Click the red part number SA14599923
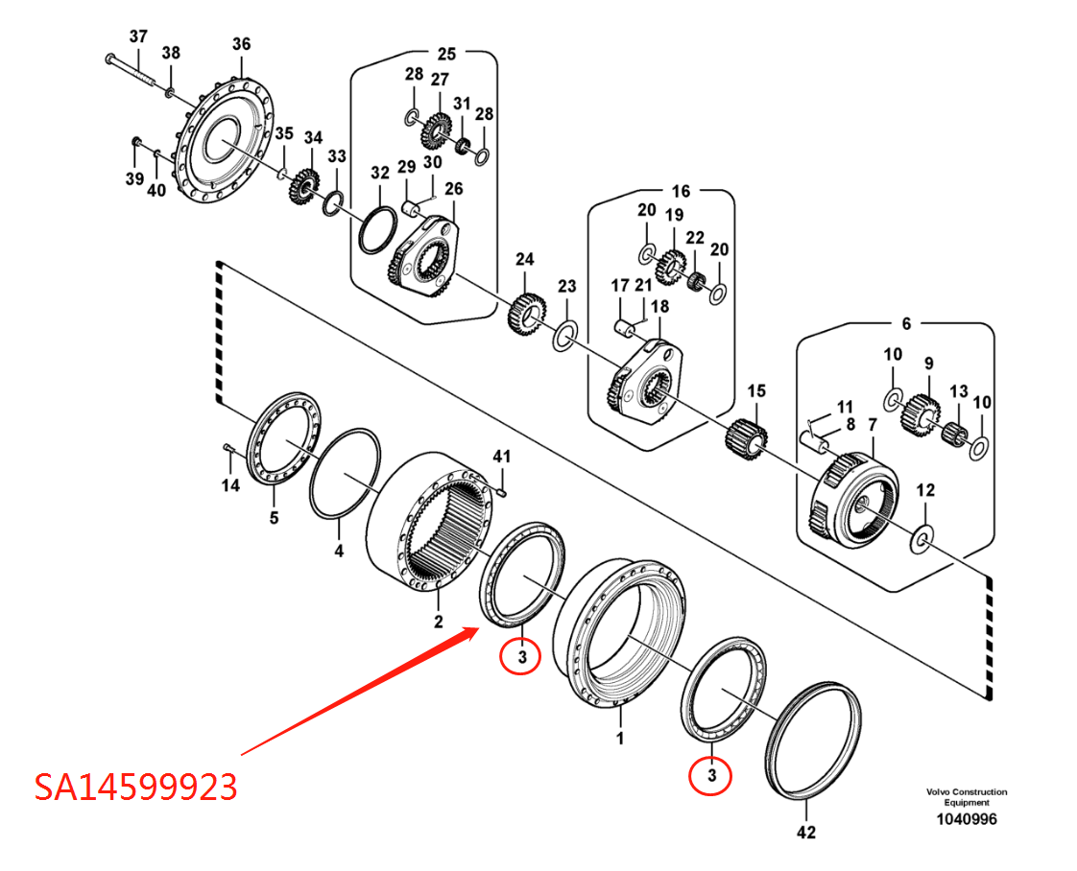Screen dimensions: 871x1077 click(135, 787)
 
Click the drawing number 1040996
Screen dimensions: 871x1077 click(967, 819)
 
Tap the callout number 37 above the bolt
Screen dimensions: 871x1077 click(138, 36)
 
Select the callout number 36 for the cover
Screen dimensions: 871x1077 click(241, 44)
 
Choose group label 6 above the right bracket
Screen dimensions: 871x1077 click(906, 324)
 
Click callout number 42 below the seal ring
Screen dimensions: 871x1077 click(807, 833)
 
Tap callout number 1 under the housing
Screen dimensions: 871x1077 click(620, 739)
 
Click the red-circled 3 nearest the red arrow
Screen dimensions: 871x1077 click(521, 657)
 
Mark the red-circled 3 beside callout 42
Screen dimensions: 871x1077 click(711, 774)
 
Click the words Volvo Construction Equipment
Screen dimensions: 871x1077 click(967, 797)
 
